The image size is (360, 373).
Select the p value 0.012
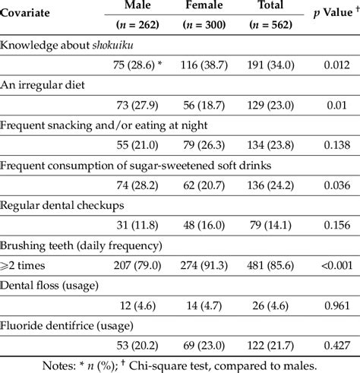coord(334,67)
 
